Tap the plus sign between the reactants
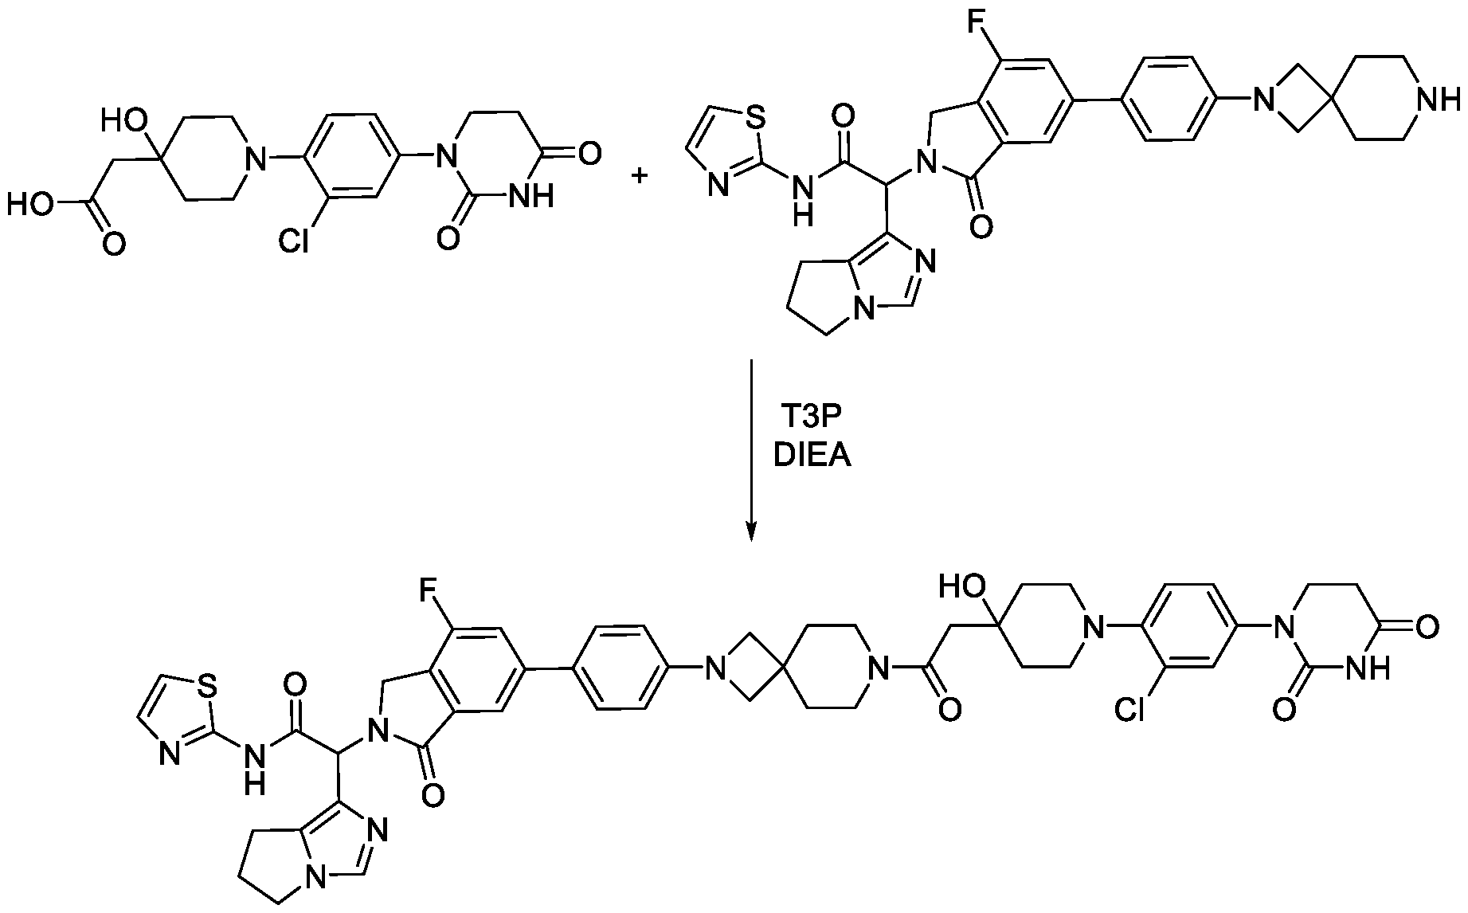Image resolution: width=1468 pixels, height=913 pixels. pyautogui.click(x=640, y=174)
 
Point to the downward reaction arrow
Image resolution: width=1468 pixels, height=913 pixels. pyautogui.click(x=750, y=451)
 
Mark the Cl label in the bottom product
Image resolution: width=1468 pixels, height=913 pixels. pyautogui.click(x=1129, y=707)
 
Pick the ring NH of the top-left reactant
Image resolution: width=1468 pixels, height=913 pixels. pyautogui.click(x=532, y=196)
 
